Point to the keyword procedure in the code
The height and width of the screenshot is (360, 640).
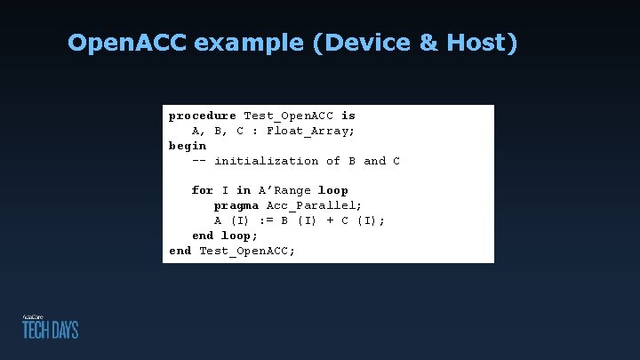click(x=203, y=116)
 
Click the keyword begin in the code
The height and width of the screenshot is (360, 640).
click(x=188, y=146)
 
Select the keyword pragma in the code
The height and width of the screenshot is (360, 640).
click(x=236, y=205)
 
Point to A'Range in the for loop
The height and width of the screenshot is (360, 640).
click(x=284, y=190)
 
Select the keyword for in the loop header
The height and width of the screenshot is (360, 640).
click(x=203, y=190)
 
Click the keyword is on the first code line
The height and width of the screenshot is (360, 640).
click(x=348, y=116)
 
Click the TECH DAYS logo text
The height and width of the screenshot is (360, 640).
click(x=51, y=330)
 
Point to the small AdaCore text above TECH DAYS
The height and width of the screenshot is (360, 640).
click(x=33, y=316)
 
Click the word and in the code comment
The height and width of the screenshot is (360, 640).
click(x=374, y=161)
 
